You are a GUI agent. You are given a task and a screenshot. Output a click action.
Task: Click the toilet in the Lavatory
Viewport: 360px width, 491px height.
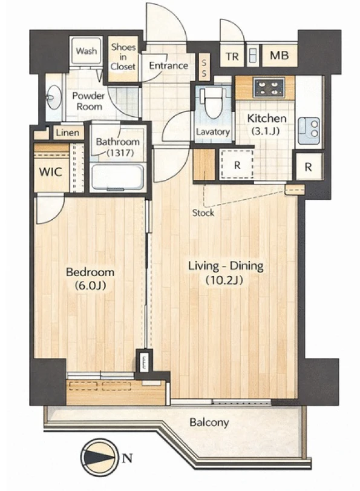point(214,103)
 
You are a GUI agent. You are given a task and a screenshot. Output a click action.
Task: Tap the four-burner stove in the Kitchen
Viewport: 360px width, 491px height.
point(269,87)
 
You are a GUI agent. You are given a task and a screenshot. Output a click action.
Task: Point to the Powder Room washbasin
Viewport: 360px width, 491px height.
point(54,97)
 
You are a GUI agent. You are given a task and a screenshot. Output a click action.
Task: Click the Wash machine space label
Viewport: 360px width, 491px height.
point(86,51)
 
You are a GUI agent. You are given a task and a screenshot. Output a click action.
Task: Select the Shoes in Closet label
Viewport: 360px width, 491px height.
point(123,57)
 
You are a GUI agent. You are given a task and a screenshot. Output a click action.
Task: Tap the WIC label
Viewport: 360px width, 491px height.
point(50,171)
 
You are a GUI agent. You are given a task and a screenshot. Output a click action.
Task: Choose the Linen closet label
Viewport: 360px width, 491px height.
point(68,133)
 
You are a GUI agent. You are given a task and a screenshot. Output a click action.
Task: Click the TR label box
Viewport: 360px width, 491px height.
point(232,56)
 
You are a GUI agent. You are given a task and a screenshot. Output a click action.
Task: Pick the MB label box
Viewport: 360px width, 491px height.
point(280,56)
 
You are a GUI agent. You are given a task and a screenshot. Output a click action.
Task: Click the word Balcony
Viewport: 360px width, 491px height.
point(209,423)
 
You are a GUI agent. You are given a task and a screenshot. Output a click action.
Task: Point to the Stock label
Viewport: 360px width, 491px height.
point(203,213)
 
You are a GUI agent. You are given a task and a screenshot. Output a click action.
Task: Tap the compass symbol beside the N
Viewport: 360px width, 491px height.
point(99,458)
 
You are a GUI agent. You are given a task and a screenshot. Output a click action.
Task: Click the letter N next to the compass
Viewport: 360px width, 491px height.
point(127,458)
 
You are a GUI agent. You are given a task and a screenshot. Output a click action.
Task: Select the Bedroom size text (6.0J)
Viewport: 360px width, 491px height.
point(90,285)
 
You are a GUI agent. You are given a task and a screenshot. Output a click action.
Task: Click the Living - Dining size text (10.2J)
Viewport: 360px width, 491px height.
point(224,280)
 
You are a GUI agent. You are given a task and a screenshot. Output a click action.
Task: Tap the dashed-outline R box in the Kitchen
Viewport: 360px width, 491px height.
point(237,165)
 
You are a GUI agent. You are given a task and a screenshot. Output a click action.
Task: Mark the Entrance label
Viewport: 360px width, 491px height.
point(168,65)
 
